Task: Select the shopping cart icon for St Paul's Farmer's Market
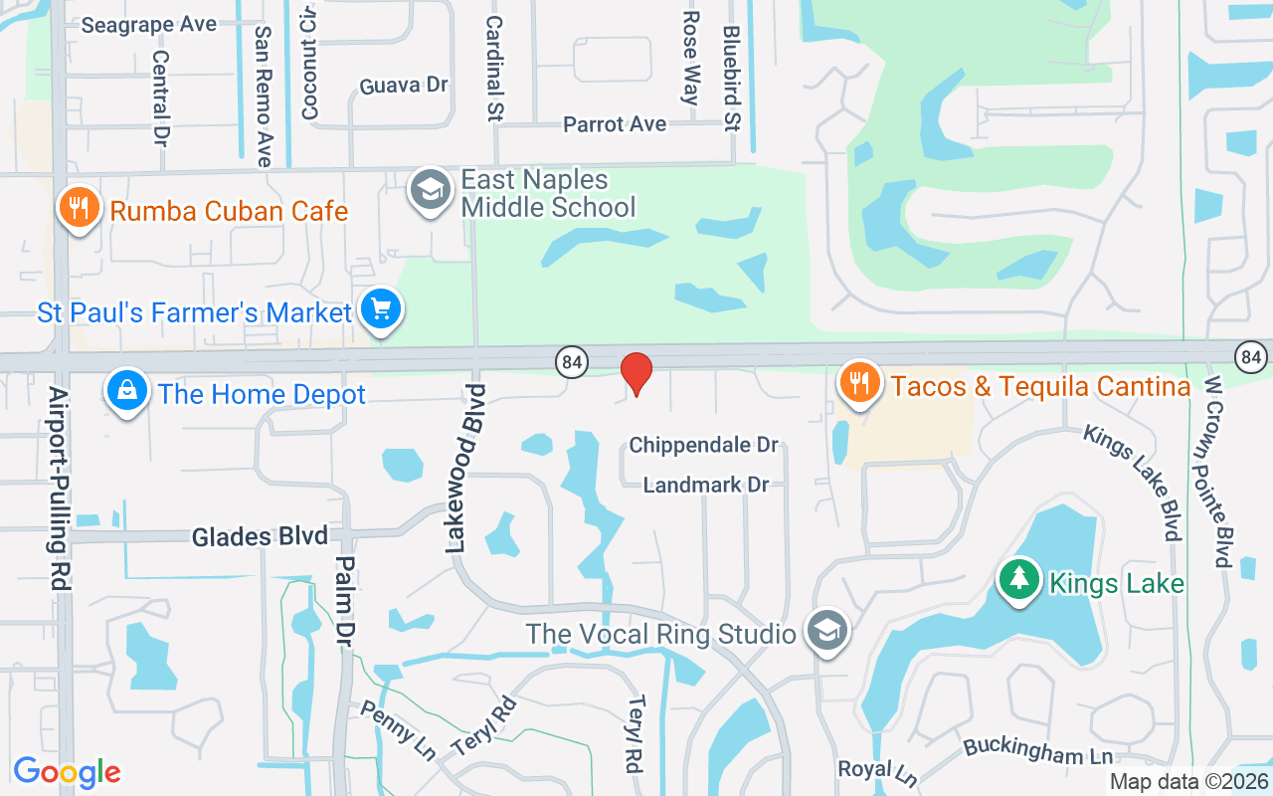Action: coord(380,309)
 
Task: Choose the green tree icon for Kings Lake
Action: coord(1017,579)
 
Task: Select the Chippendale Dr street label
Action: coord(703,445)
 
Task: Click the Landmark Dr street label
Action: coord(706,485)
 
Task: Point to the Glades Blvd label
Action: coord(260,536)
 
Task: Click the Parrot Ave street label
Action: coord(615,124)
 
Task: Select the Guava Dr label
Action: coord(404,86)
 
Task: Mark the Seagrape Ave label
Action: coord(148,24)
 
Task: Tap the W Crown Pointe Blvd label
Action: coord(1218,471)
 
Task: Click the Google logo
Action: coord(67,772)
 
